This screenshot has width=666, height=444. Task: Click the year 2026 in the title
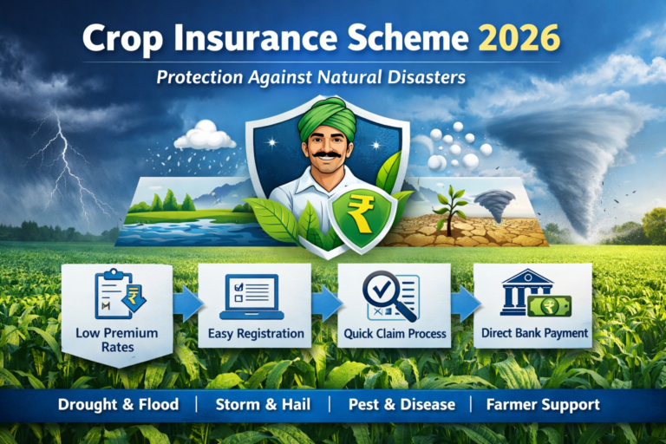pos(519,40)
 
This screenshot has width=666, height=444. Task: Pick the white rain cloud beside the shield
pos(205,136)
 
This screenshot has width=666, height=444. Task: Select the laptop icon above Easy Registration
pos(252,296)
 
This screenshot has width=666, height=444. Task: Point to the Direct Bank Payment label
pos(533,332)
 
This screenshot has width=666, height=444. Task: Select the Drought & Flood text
pos(118,404)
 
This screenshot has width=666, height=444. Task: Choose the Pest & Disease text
pos(402,404)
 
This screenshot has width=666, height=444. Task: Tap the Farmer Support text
pos(543,404)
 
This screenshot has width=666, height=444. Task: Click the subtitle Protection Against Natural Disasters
pos(311,77)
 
